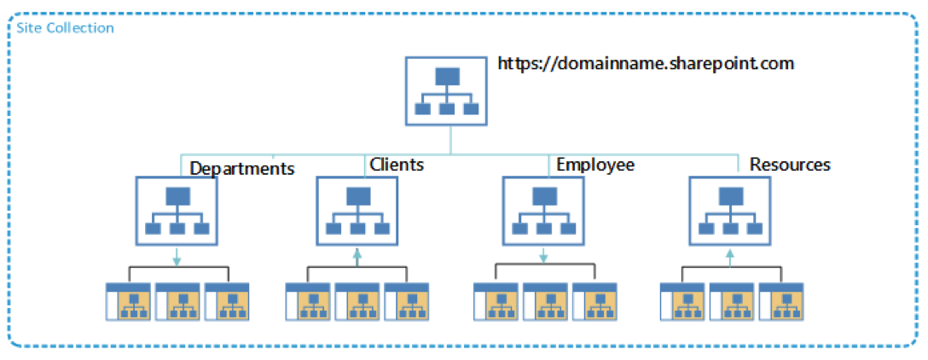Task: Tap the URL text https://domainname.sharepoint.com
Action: [x=647, y=63]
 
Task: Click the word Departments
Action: [x=242, y=169]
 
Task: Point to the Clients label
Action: [x=397, y=164]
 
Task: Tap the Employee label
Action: [x=595, y=164]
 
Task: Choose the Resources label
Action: [x=790, y=165]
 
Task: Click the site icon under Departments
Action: [x=177, y=212]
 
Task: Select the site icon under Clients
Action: [x=357, y=212]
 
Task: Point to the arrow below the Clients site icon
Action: [x=357, y=255]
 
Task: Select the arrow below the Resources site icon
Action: [x=730, y=255]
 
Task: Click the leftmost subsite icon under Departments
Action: [x=128, y=301]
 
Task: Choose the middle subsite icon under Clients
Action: [x=357, y=301]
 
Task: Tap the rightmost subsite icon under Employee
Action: [x=594, y=301]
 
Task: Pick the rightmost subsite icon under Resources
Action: [x=780, y=301]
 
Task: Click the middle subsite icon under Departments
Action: [x=177, y=301]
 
